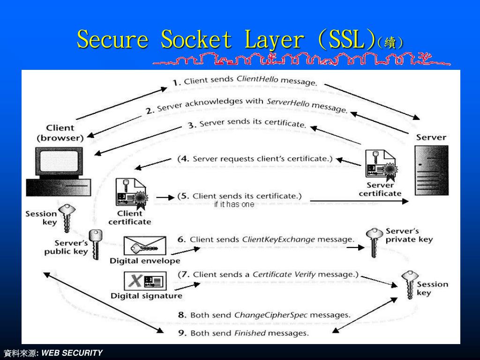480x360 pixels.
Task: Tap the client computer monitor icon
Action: pyautogui.click(x=60, y=162)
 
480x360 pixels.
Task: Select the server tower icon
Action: pyautogui.click(x=431, y=170)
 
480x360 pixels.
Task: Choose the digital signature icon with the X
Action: pyautogui.click(x=145, y=281)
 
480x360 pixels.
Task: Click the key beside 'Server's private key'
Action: pyautogui.click(x=374, y=241)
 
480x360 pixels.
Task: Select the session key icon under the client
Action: pyautogui.click(x=66, y=217)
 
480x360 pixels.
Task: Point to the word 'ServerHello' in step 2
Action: pyautogui.click(x=288, y=103)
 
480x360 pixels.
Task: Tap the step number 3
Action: pyautogui.click(x=191, y=125)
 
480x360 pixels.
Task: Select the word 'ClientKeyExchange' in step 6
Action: pyautogui.click(x=278, y=239)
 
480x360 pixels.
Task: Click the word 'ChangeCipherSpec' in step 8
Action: pyautogui.click(x=270, y=315)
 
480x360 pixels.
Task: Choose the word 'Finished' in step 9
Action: pyautogui.click(x=250, y=333)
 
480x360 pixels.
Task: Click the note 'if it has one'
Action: pyautogui.click(x=234, y=204)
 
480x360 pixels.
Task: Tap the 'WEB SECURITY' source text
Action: pyautogui.click(x=72, y=352)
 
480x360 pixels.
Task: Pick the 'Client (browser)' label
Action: pyautogui.click(x=60, y=133)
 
